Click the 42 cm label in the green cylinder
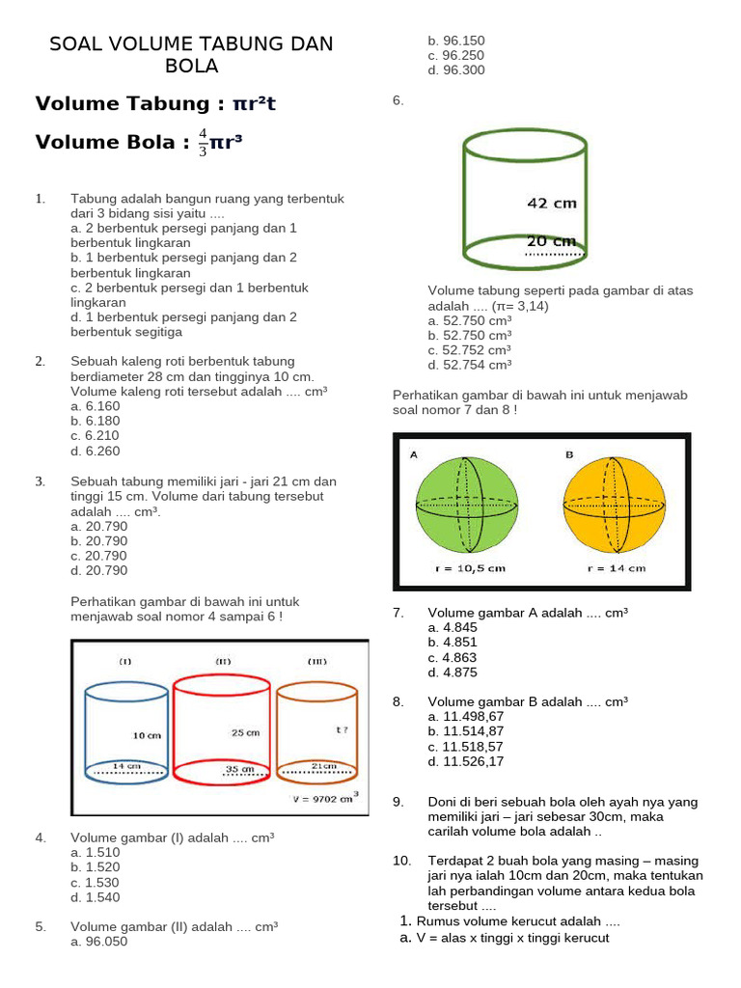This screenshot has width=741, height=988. (551, 204)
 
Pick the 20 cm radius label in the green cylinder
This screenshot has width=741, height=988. (551, 241)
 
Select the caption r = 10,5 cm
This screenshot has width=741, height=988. (470, 568)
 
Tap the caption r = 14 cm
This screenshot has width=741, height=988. (617, 568)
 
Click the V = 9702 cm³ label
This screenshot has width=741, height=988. (325, 798)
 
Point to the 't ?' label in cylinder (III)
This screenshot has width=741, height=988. (342, 730)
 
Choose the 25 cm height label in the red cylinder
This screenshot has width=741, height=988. (245, 732)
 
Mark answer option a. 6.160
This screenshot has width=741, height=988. (96, 406)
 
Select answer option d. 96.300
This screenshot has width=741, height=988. (456, 70)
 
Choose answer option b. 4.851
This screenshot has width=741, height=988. (453, 643)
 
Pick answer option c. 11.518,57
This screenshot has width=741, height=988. (466, 747)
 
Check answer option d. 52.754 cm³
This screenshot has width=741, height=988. (470, 365)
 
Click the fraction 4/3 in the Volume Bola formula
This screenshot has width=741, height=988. (203, 142)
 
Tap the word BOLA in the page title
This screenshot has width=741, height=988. (191, 66)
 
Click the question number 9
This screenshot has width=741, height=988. (398, 803)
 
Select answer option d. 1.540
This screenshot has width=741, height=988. (96, 897)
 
